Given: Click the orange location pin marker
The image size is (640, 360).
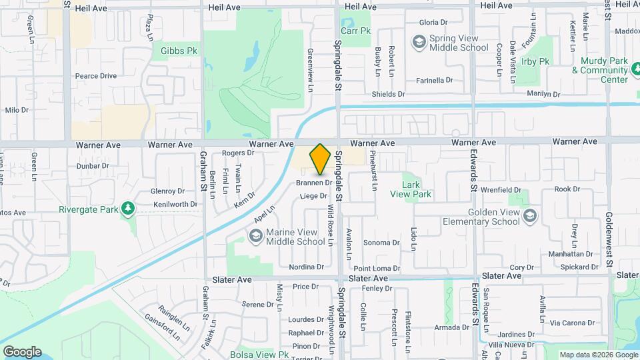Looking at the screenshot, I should point(320,159).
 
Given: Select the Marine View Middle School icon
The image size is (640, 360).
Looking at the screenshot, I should point(255,236).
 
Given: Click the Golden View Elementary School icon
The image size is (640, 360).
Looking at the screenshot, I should point(529,216).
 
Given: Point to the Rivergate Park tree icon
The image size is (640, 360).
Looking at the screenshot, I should point(127,209).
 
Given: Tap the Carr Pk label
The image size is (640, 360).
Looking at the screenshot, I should point(356,31).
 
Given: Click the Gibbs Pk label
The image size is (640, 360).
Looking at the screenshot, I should point(175,50).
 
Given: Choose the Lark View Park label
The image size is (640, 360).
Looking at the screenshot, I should point(417,189).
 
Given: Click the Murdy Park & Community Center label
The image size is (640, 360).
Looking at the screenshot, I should point(604,70).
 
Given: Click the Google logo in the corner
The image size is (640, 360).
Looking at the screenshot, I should point(22,352).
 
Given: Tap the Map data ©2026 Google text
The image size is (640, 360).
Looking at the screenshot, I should point(598,355).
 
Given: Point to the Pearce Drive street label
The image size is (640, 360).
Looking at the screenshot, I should point(95,76).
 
